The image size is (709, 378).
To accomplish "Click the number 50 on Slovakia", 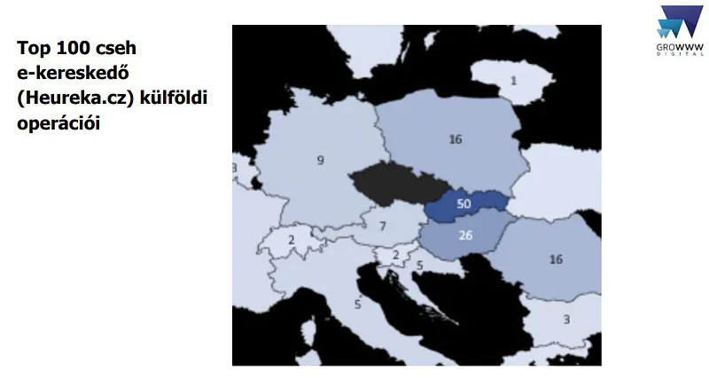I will pyautogui.click(x=463, y=204).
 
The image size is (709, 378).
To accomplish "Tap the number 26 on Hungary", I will pyautogui.click(x=465, y=235).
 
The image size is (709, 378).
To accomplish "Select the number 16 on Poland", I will pyautogui.click(x=456, y=139).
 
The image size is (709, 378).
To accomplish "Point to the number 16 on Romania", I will pyautogui.click(x=556, y=259).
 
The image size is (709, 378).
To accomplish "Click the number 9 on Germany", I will pyautogui.click(x=321, y=161).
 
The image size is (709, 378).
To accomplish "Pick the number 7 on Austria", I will pyautogui.click(x=382, y=226).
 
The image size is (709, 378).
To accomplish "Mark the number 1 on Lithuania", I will pyautogui.click(x=513, y=81).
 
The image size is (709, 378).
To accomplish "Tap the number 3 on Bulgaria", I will pyautogui.click(x=565, y=319).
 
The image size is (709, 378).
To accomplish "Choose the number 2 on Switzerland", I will pyautogui.click(x=292, y=240).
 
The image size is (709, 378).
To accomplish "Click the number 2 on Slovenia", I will pyautogui.click(x=396, y=255).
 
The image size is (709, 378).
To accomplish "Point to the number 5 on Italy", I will pyautogui.click(x=357, y=304).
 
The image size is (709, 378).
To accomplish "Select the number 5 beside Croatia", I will pyautogui.click(x=419, y=264).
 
